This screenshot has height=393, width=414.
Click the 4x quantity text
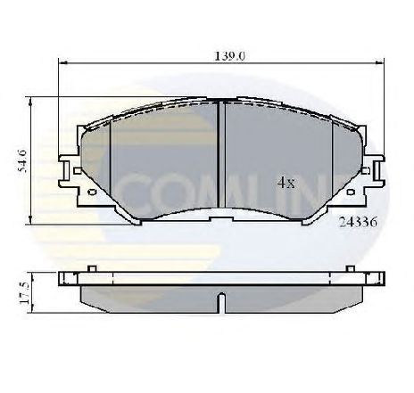(286, 183)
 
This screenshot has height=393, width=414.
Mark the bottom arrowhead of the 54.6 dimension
(32, 221)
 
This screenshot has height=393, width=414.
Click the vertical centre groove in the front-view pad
(220, 156)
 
